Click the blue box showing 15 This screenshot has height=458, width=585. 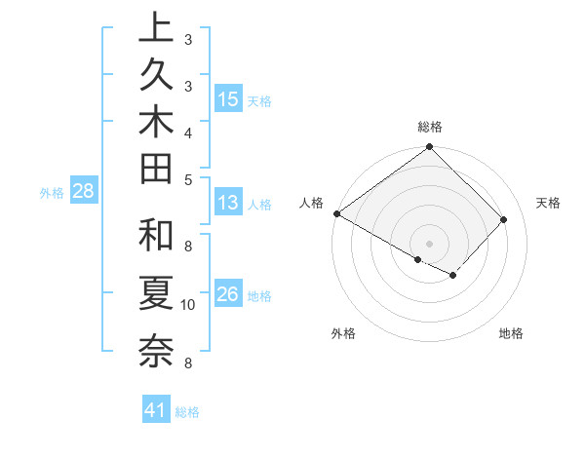click(x=227, y=99)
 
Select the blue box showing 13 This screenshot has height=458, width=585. click(x=227, y=204)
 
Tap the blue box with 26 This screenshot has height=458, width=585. click(x=227, y=294)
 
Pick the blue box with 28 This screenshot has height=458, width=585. click(x=83, y=191)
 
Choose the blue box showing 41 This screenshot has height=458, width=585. click(x=156, y=410)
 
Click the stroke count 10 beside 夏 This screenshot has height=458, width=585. click(x=188, y=305)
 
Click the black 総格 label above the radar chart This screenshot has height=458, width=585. click(x=430, y=127)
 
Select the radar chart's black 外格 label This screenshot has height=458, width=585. click(x=343, y=333)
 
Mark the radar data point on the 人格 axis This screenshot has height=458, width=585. click(x=336, y=213)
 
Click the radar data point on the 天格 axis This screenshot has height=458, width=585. click(x=504, y=219)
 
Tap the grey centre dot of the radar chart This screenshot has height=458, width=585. click(x=429, y=243)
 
